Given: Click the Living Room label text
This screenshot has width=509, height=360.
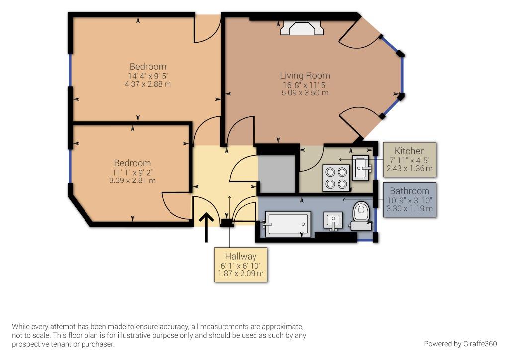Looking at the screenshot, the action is click(305, 75).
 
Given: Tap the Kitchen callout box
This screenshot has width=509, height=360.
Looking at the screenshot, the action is click(410, 160).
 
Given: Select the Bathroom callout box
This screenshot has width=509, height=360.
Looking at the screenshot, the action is click(410, 200).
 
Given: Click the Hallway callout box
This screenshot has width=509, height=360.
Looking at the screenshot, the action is click(241, 265).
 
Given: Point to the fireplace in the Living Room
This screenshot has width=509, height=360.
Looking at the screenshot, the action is click(302, 28).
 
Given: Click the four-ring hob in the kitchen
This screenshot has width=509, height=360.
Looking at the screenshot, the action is click(336, 178).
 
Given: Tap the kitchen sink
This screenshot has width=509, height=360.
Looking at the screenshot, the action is click(361, 167).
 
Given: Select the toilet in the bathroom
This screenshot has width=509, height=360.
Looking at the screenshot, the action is click(361, 216).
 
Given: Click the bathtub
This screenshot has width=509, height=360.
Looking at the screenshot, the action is click(288, 223).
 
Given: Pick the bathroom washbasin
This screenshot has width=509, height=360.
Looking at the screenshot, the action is click(333, 221).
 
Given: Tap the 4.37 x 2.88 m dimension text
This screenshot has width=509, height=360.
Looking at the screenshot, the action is click(148, 84).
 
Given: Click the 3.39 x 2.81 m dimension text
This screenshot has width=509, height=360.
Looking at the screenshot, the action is click(132, 180).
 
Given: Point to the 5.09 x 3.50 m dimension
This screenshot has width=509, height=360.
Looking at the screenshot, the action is click(305, 93).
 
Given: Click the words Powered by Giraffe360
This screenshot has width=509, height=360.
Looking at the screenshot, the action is click(460, 344).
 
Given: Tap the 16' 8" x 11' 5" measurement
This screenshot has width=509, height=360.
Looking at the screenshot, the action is click(305, 85).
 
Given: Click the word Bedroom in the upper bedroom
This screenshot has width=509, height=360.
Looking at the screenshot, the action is click(148, 67).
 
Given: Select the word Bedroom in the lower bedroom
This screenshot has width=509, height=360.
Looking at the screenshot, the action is click(132, 163).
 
